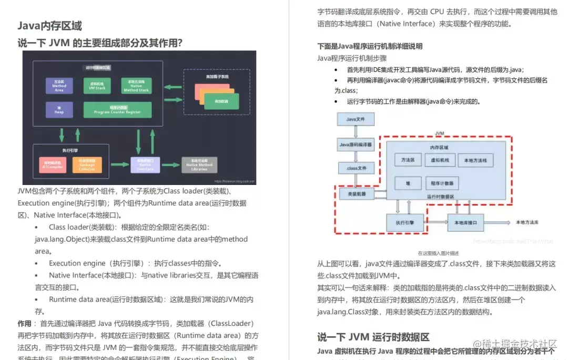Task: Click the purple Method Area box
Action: tap(59, 86)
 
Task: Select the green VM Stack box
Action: tap(97, 85)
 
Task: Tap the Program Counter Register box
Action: tap(117, 109)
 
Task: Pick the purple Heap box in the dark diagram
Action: tap(59, 109)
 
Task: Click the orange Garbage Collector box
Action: tap(87, 165)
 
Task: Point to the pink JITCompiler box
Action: tap(53, 165)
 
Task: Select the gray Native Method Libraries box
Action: tap(199, 165)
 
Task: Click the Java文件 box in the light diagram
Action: tap(355, 119)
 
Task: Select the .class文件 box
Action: tap(356, 168)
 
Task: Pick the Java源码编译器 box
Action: tap(356, 144)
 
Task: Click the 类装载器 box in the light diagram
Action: tap(356, 194)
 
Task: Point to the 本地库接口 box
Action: tap(465, 222)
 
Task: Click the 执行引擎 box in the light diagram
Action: tap(405, 222)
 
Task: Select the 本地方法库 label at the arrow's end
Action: tap(527, 222)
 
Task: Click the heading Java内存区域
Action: tap(49, 26)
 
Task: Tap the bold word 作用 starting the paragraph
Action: tap(24, 323)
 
